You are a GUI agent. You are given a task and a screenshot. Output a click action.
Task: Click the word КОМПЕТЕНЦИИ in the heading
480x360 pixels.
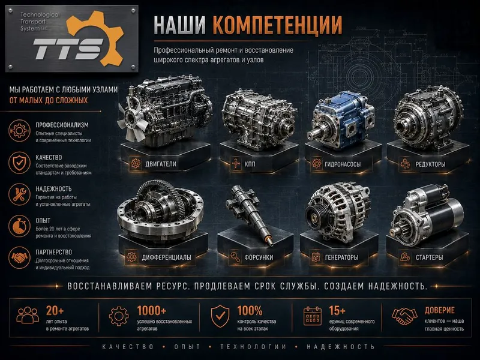(x=277, y=25)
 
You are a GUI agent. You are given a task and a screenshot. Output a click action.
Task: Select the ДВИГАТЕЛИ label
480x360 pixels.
(x=161, y=164)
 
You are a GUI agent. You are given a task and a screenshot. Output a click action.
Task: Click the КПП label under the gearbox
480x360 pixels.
(x=250, y=164)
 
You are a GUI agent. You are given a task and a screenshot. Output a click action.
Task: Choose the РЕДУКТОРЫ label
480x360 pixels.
(x=430, y=164)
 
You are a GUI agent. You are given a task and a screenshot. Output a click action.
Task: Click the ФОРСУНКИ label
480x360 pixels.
(x=259, y=257)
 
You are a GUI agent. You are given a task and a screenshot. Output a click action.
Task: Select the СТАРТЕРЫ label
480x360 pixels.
(x=429, y=257)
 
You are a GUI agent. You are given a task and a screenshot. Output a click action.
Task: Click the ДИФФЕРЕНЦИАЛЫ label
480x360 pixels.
(x=167, y=257)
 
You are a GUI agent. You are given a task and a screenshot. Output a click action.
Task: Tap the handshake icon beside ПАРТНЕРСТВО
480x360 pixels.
(x=19, y=258)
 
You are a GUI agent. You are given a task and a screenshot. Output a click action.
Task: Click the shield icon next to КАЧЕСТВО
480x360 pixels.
(x=19, y=163)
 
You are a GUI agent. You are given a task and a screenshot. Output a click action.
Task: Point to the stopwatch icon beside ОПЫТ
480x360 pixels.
(x=19, y=226)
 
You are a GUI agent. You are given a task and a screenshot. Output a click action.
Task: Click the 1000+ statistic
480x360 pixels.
(x=152, y=310)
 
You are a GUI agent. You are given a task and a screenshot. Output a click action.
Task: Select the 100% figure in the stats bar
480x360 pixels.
(x=250, y=311)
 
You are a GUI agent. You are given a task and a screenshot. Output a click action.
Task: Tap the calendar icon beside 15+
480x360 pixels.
(x=312, y=316)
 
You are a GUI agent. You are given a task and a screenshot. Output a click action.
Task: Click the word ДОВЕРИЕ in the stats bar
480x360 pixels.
(x=440, y=310)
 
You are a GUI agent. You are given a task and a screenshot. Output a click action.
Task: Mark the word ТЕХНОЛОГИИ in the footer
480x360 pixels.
(x=253, y=347)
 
